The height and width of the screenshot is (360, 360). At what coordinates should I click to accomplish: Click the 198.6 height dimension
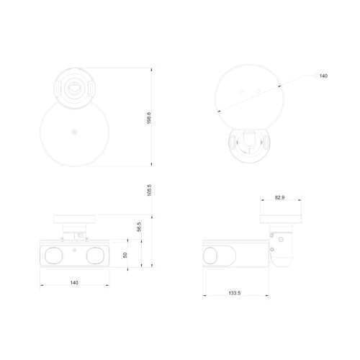(149, 118)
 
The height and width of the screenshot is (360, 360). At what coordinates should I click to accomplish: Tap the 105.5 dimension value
(149, 190)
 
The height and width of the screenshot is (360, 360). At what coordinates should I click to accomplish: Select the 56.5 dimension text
(139, 227)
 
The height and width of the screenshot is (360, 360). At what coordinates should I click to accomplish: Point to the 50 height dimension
(125, 255)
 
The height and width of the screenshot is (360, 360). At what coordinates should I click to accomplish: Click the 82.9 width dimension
(279, 197)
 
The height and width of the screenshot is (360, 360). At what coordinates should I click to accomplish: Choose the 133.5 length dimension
(235, 293)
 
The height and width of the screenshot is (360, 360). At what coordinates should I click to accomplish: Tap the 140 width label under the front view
(74, 283)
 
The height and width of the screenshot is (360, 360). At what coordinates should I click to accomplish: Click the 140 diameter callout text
(323, 76)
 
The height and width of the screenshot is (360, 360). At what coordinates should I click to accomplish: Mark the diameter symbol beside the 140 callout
(316, 76)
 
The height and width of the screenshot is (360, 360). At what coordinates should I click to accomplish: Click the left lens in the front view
(54, 256)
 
